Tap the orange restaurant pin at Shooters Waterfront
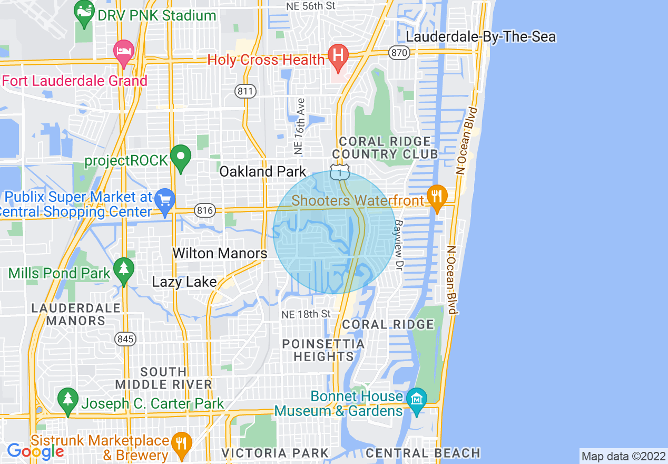436,197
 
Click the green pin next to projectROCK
181,157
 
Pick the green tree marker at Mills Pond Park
124,269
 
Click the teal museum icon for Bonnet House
416,399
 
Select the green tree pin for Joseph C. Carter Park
68,399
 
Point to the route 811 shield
245,91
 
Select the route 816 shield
205,211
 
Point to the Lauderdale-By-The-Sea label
481,37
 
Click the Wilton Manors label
220,254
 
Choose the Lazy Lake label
184,282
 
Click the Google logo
35,451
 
